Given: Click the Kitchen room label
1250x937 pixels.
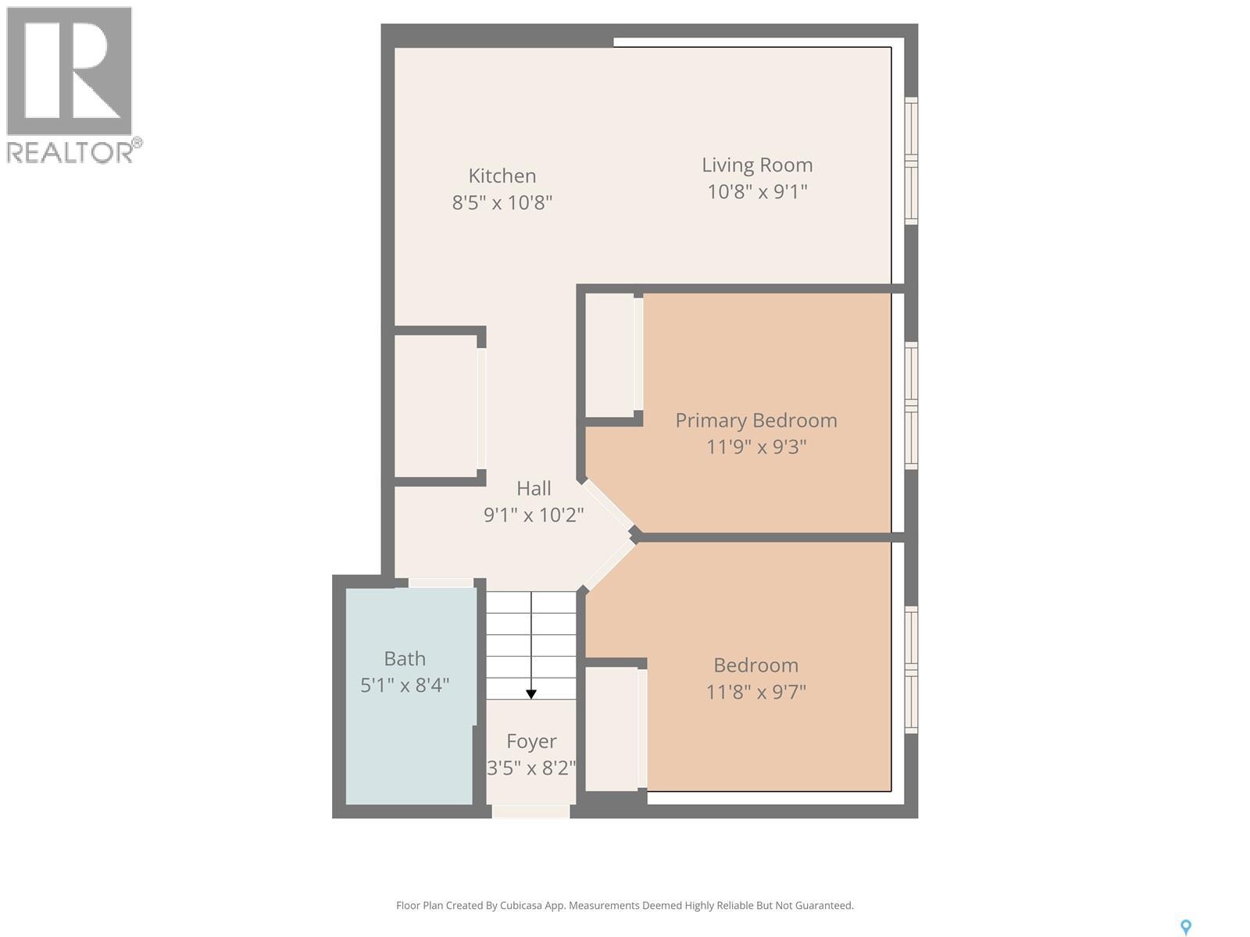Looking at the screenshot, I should pos(502,176).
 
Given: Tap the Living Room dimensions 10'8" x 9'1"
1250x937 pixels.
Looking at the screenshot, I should pos(757,191).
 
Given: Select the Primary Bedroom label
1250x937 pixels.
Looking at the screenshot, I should pos(755,420).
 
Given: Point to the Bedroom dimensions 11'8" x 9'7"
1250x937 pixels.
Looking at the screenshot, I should pos(755,692).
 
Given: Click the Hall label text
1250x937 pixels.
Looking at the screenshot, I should pos(534,488).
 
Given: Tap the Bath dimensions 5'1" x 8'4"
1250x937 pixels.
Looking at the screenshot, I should pos(405,686).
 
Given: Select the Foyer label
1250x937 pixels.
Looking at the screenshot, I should pos(531,741).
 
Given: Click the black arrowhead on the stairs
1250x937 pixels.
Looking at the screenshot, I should pos(531,693).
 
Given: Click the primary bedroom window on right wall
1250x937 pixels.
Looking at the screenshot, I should pos(911,405).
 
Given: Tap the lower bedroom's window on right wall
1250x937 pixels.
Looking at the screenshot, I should pos(911,669).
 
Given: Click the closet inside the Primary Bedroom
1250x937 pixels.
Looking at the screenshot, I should pos(610,355).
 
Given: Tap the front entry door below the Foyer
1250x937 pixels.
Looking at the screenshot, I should pos(530,812).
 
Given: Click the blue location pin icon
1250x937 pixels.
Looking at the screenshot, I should pos(1185,927).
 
